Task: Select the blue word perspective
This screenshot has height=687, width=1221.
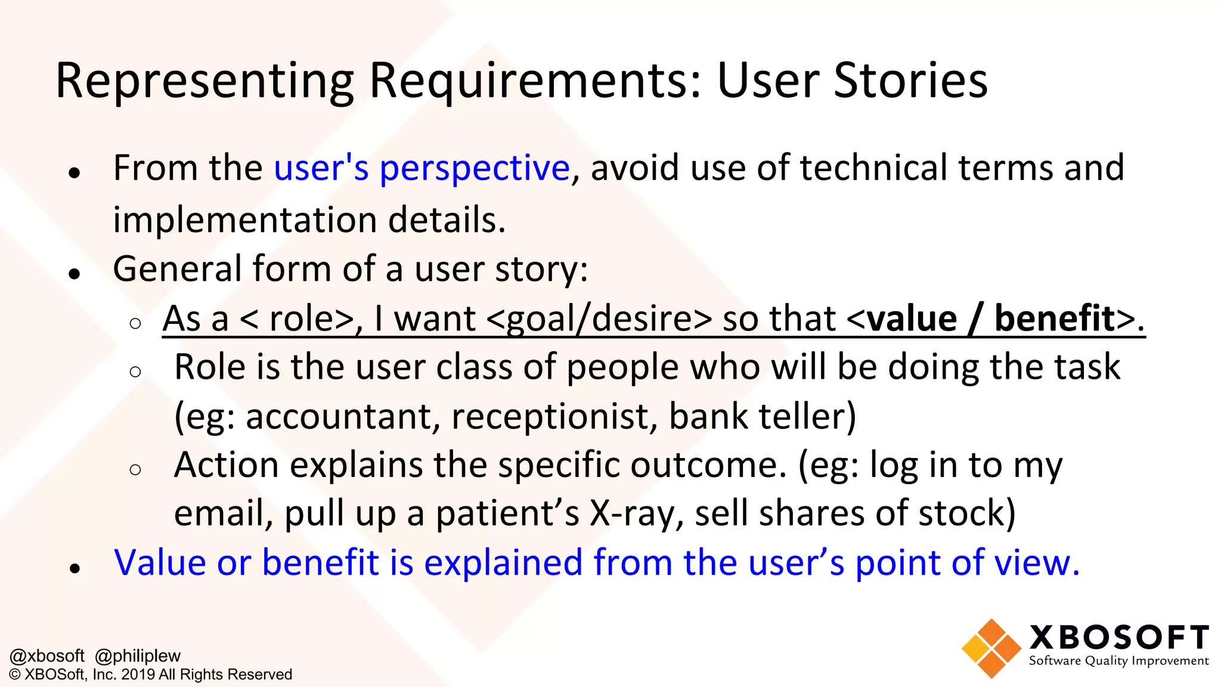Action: [475, 168]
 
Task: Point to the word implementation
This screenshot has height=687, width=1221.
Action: [245, 220]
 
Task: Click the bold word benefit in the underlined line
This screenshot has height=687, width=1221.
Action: [1054, 318]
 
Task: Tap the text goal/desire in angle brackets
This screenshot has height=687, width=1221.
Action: [599, 319]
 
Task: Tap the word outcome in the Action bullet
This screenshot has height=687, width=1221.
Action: [708, 465]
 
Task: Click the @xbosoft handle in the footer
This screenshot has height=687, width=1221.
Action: [47, 656]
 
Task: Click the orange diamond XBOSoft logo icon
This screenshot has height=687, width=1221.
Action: [991, 649]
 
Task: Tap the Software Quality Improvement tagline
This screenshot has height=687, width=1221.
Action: [1118, 661]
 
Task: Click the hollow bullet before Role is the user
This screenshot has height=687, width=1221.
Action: [135, 372]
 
